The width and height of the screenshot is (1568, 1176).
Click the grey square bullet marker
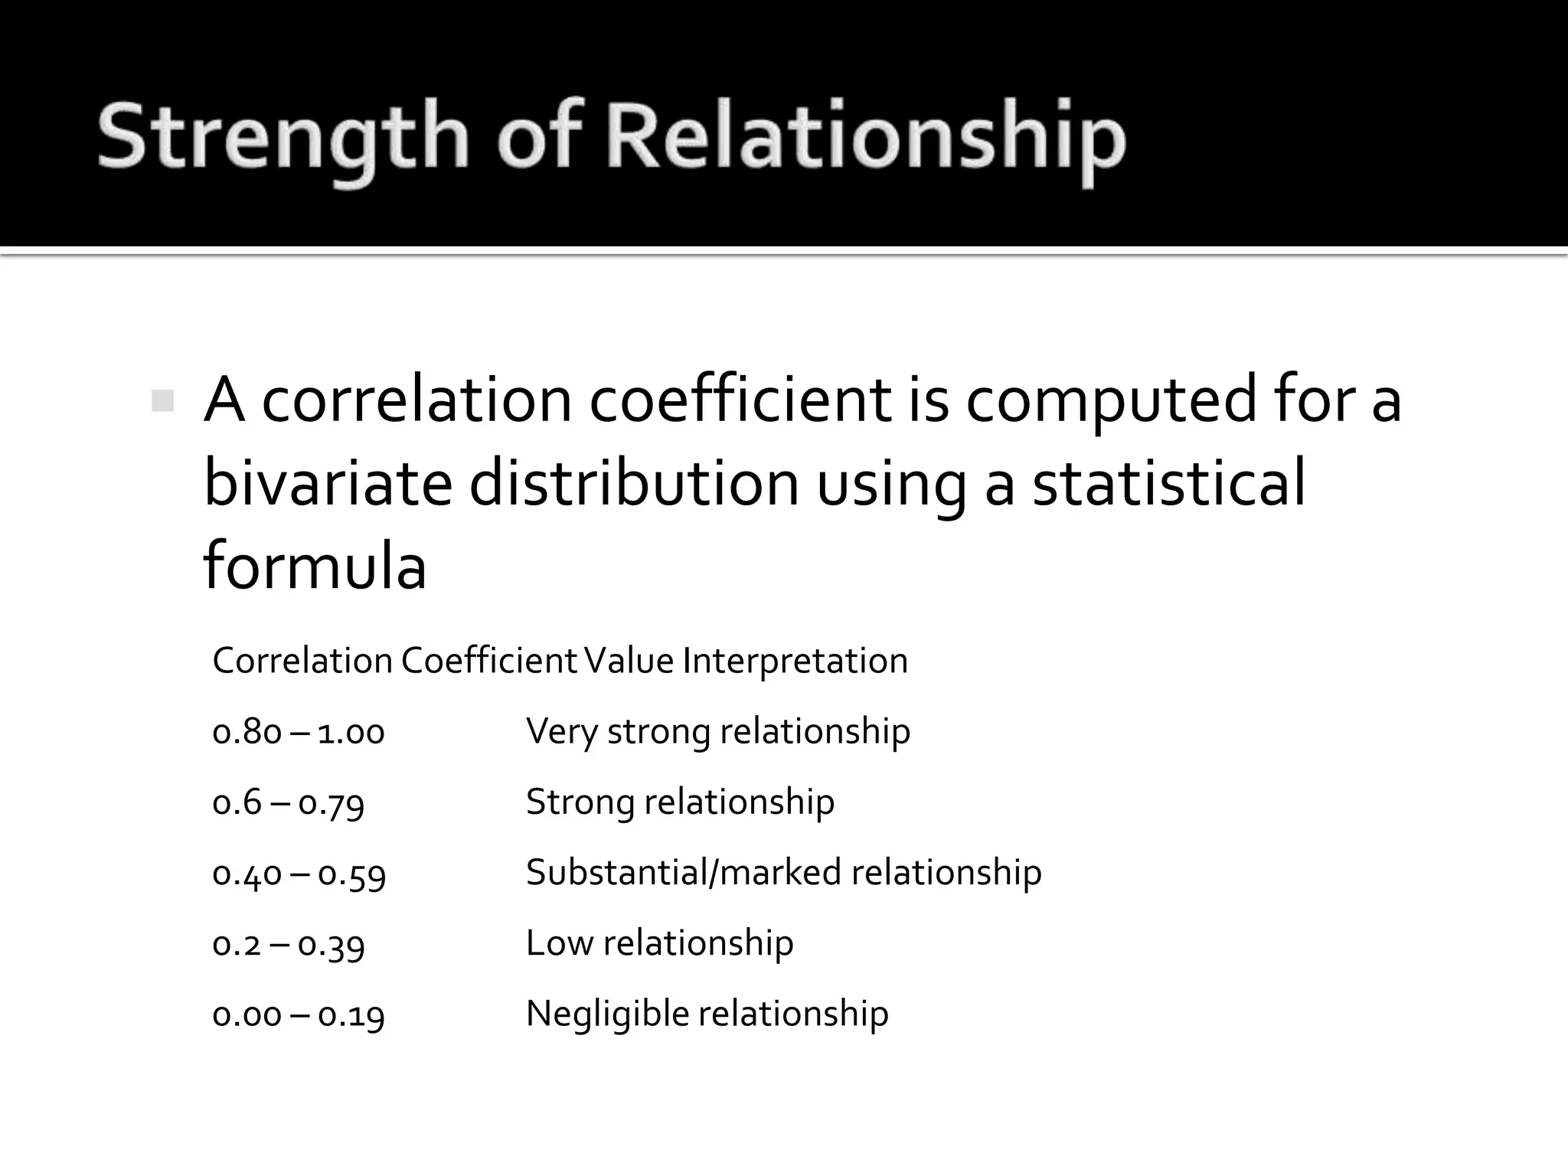pyautogui.click(x=162, y=400)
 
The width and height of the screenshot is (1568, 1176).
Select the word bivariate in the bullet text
pyautogui.click(x=328, y=484)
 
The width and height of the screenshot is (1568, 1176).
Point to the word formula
pyautogui.click(x=315, y=567)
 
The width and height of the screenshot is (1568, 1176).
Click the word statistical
pyautogui.click(x=1168, y=484)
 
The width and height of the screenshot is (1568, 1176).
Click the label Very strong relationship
pyautogui.click(x=718, y=731)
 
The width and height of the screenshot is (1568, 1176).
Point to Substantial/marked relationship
pyautogui.click(x=784, y=873)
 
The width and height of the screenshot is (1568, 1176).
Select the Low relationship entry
pyautogui.click(x=660, y=943)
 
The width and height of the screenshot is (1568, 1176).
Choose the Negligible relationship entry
pyautogui.click(x=707, y=1014)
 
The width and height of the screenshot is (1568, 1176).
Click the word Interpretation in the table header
pyautogui.click(x=795, y=661)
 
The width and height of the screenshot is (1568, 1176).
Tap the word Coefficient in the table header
pyautogui.click(x=489, y=661)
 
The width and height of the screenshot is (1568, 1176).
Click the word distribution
pyautogui.click(x=634, y=484)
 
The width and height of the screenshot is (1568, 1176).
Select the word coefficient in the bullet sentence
pyautogui.click(x=740, y=400)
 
